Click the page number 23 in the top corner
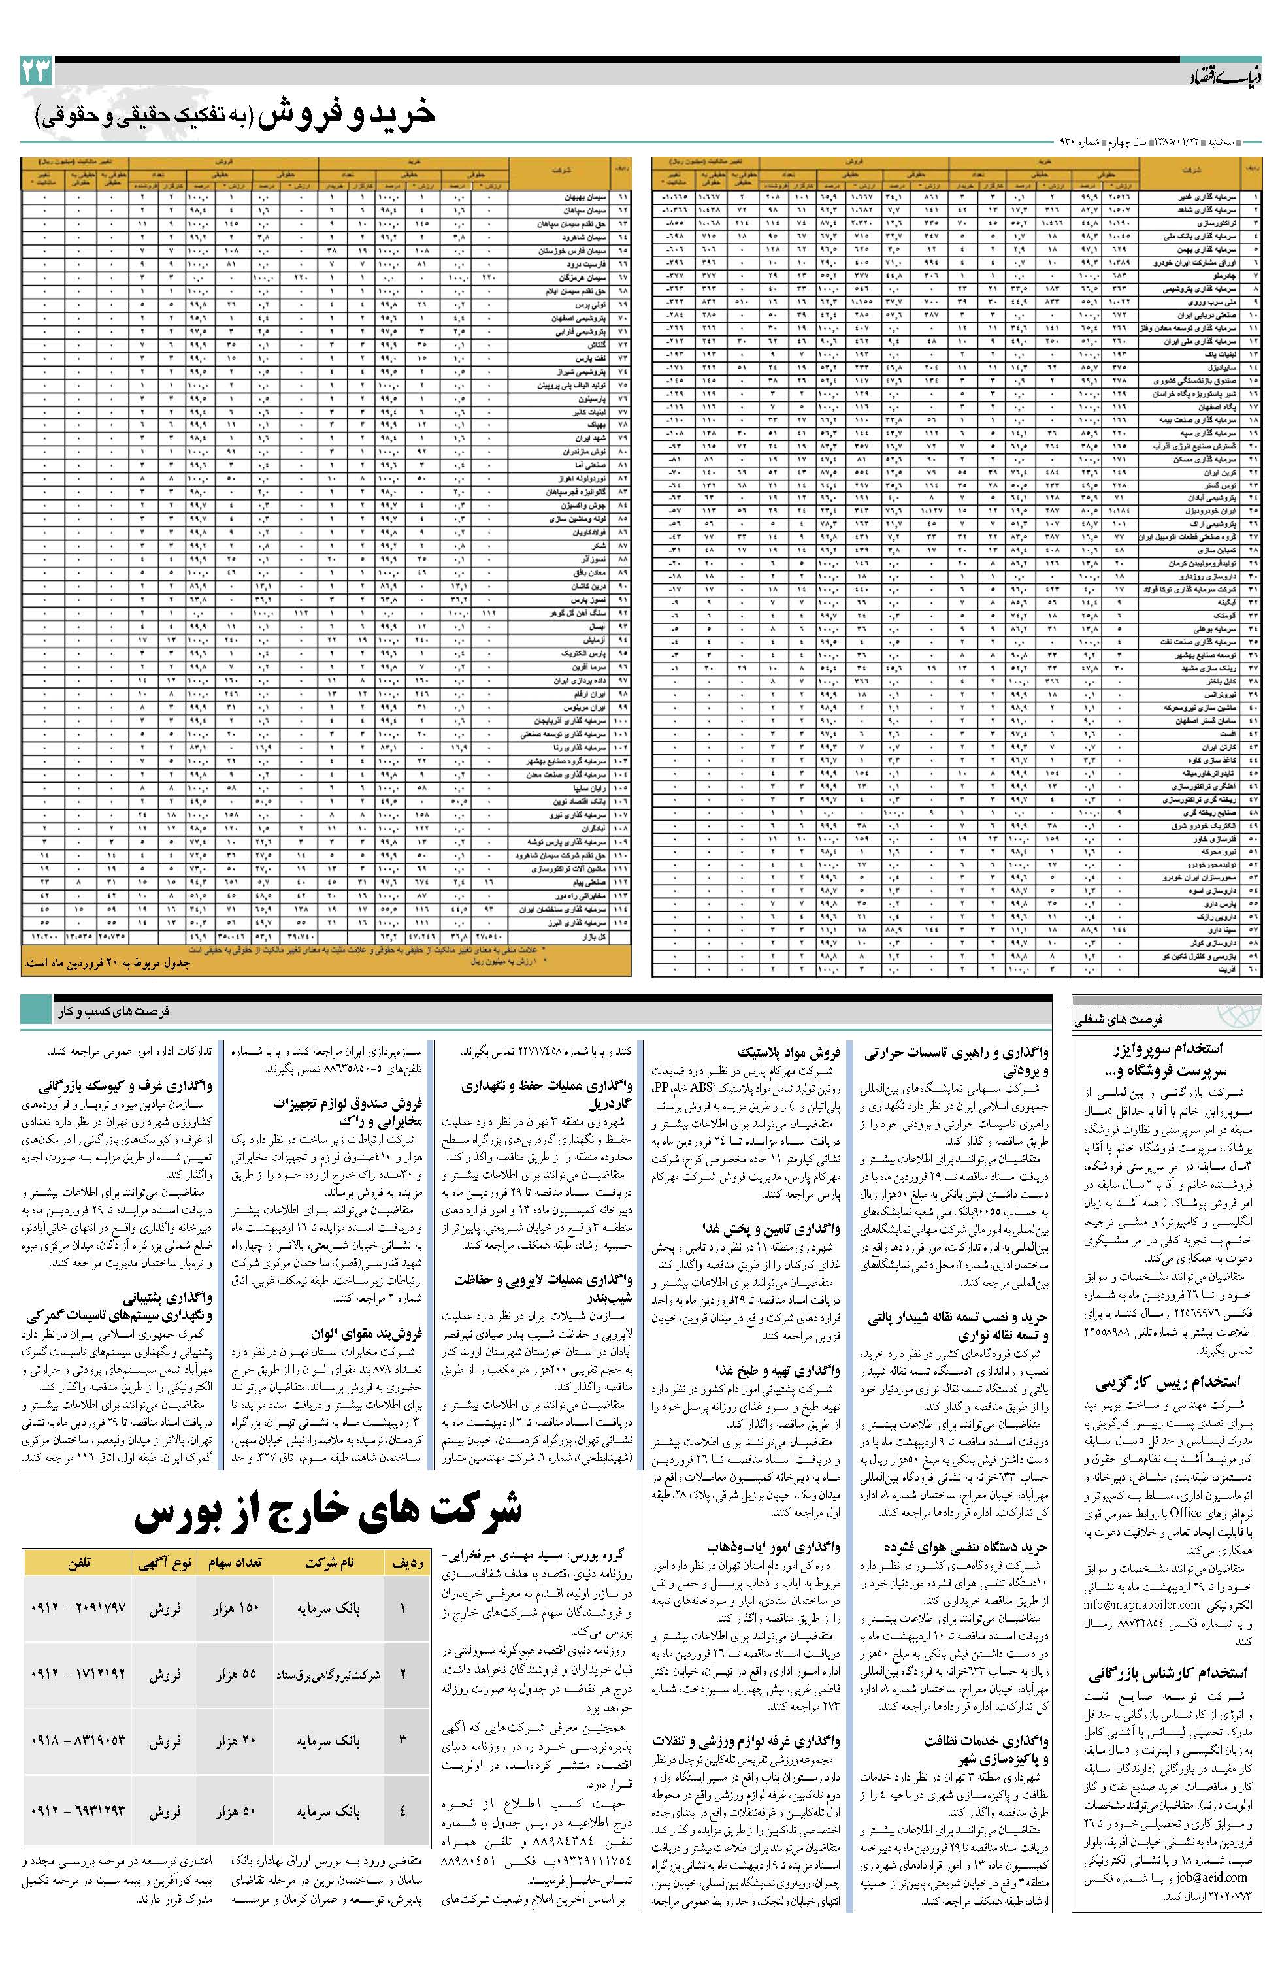point(36,71)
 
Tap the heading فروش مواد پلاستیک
point(791,1054)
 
